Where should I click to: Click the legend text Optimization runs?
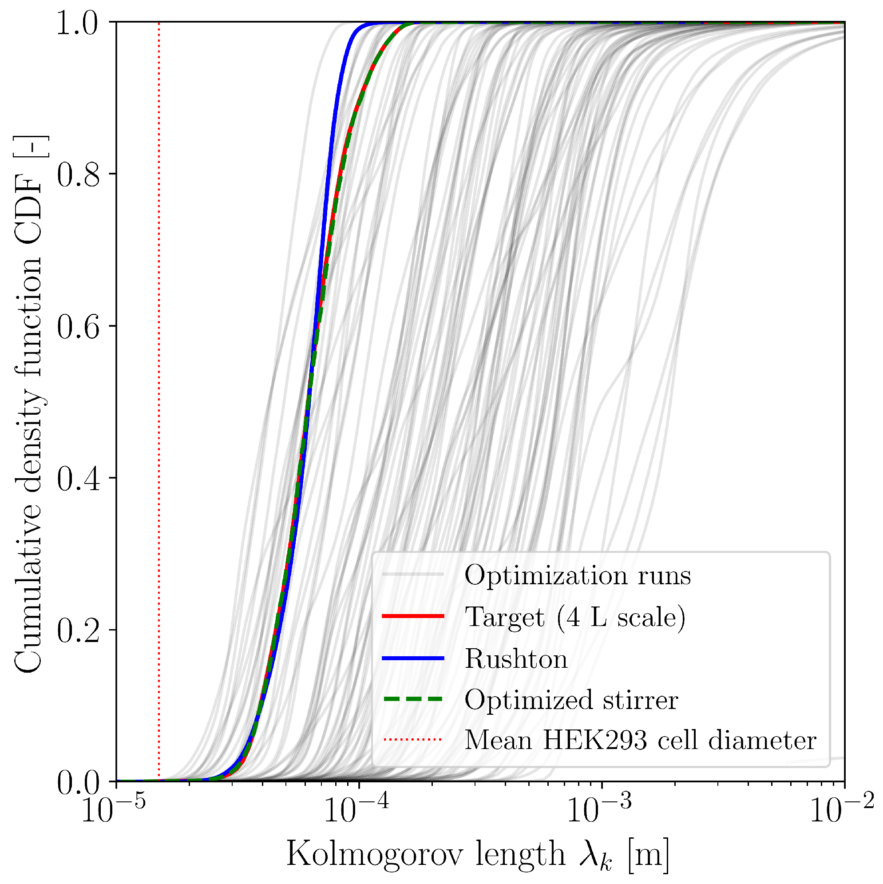click(578, 575)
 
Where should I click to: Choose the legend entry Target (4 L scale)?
click(575, 617)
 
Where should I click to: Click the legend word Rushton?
click(515, 659)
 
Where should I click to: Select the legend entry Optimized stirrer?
click(571, 700)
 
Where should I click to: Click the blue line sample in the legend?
click(413, 658)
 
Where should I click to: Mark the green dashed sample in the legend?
click(413, 699)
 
